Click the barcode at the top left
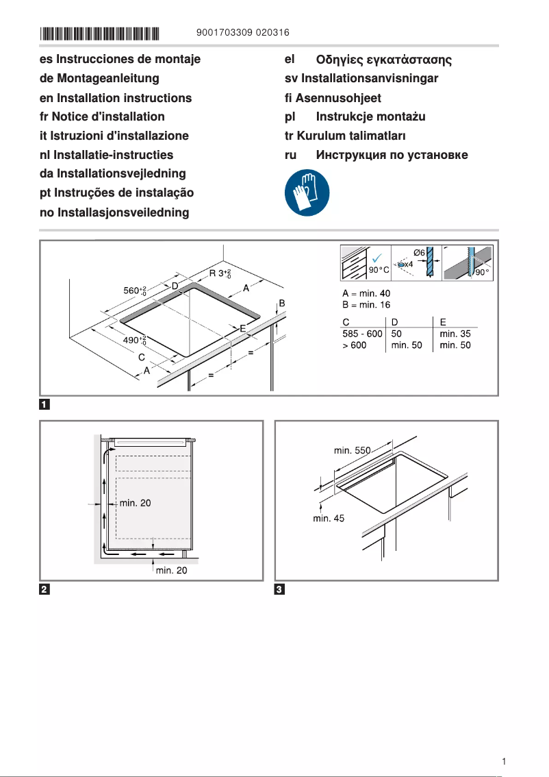point(100,33)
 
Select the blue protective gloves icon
point(307,193)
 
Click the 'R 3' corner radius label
point(220,275)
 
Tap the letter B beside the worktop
point(281,303)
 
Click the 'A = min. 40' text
point(366,294)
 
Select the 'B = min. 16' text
point(366,305)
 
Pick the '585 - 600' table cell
point(362,334)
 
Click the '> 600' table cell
point(355,345)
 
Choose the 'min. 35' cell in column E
point(455,334)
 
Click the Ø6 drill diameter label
point(420,253)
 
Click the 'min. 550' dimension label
point(352,450)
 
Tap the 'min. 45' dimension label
point(329,519)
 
